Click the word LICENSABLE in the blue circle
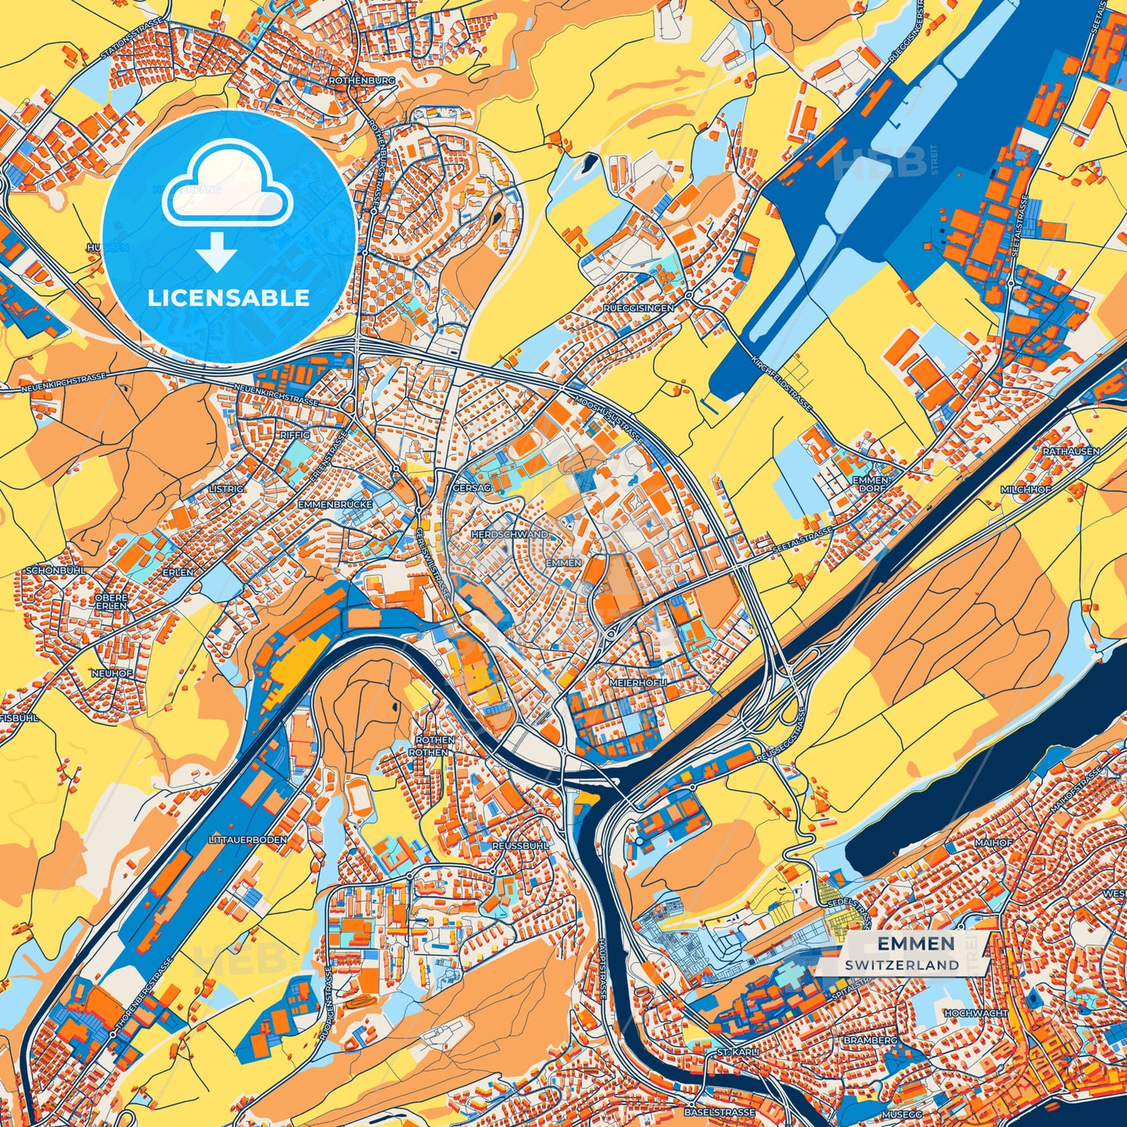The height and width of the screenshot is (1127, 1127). tap(229, 298)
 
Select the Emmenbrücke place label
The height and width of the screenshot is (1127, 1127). tap(335, 505)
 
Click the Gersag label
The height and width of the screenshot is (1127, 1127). tap(471, 487)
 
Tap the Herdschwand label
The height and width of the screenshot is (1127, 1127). tap(509, 535)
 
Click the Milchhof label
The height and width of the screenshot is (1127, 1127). tap(1026, 489)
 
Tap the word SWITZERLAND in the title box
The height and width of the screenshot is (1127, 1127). tap(901, 965)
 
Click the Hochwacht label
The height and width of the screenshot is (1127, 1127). tap(975, 1013)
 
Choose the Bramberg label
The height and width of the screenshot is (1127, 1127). tap(870, 1040)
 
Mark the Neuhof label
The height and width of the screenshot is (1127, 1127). tap(112, 673)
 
